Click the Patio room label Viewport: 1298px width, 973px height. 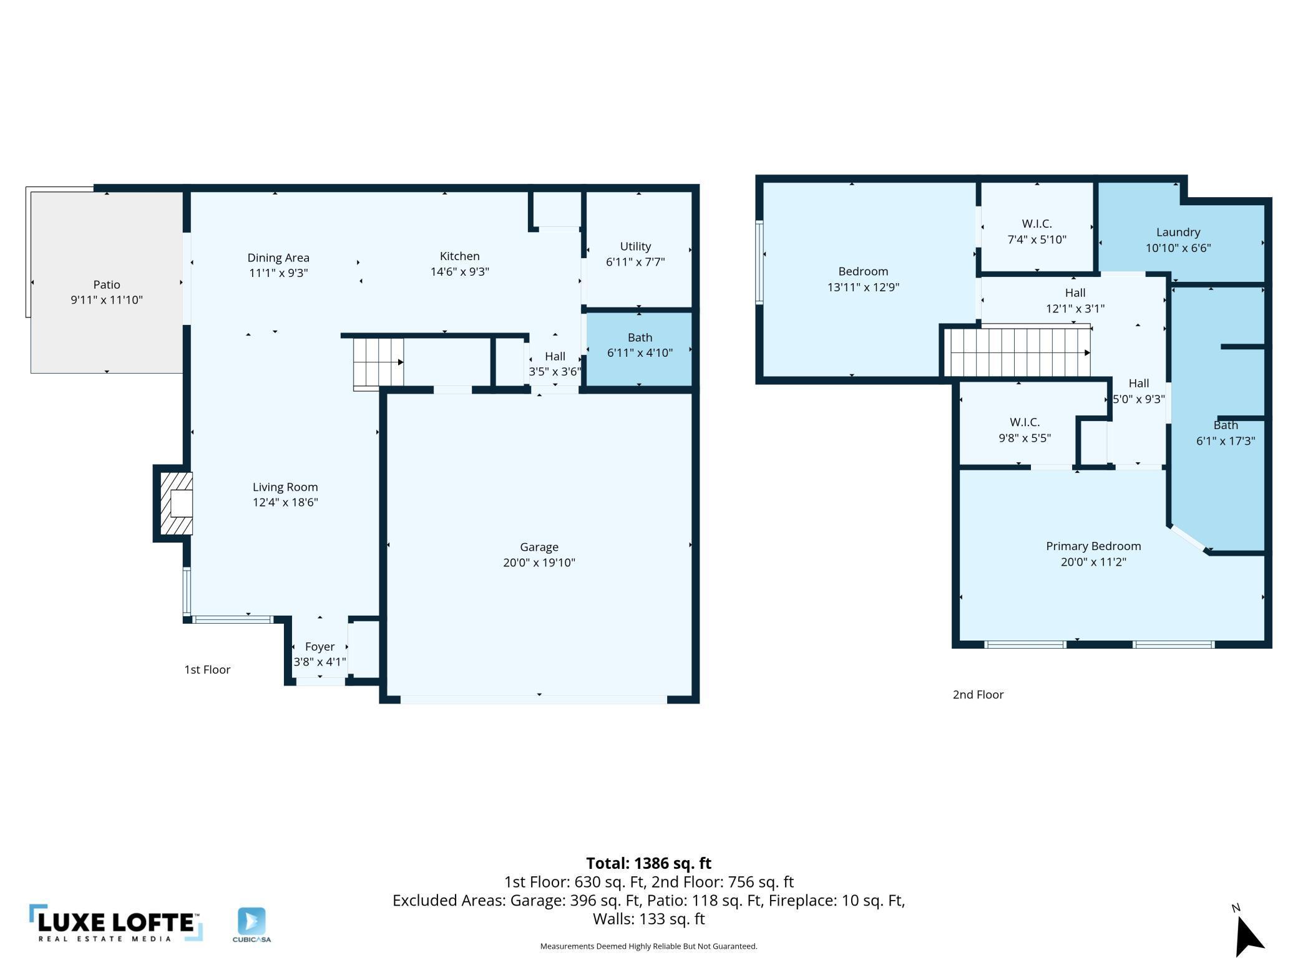click(107, 284)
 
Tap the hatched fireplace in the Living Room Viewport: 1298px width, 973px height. click(176, 503)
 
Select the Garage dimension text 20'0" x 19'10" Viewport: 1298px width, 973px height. click(539, 562)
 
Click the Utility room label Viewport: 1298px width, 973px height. click(635, 246)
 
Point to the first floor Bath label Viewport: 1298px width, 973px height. click(640, 337)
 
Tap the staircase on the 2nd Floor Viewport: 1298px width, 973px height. click(1017, 352)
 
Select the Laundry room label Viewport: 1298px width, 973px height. click(1178, 232)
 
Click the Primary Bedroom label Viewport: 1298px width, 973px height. click(1093, 546)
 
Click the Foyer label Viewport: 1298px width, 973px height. click(320, 647)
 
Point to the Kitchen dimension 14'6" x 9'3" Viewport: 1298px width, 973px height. click(460, 271)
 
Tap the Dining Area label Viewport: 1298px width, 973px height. click(278, 258)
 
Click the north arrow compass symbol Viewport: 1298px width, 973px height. click(1248, 935)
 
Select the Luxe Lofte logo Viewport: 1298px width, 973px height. click(115, 923)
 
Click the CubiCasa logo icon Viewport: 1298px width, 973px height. click(251, 921)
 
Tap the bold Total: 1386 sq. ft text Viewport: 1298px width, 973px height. click(648, 863)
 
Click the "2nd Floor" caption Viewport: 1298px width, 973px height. click(978, 695)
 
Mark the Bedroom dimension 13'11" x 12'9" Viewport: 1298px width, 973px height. click(863, 287)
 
